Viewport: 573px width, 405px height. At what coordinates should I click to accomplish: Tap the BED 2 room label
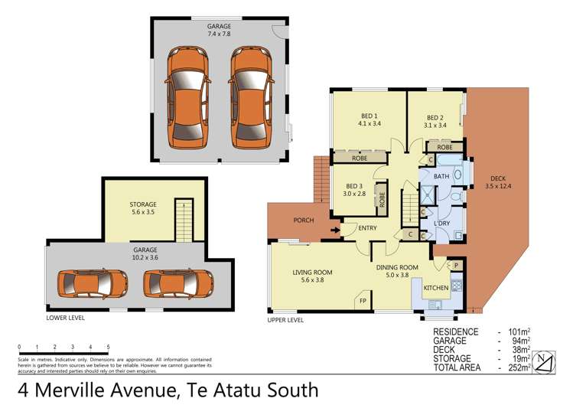point(437,119)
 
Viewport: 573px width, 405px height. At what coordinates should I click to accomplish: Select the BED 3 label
point(353,190)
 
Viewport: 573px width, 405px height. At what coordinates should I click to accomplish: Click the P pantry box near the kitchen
point(456,265)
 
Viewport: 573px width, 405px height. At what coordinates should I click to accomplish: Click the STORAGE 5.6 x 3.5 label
point(142,208)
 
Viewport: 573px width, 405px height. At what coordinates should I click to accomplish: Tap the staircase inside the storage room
point(184,220)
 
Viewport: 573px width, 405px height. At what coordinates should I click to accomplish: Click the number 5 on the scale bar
point(109,347)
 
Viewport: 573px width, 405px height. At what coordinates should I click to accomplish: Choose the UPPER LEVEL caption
point(285,319)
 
